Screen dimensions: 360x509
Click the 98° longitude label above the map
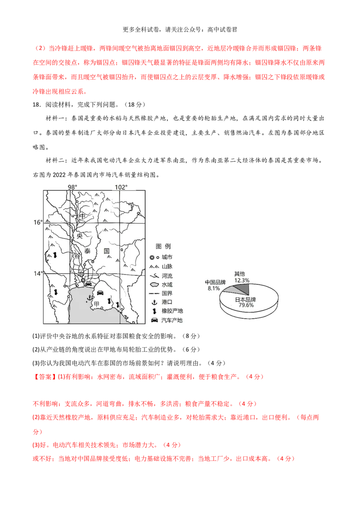pos(72,187)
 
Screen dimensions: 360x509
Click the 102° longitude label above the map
pos(121,187)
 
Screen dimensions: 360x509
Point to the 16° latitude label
pos(38,223)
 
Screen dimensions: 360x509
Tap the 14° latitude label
pos(38,274)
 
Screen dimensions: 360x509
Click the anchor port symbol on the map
pos(89,298)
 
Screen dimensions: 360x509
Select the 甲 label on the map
pos(96,304)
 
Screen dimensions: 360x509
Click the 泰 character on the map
pos(87,251)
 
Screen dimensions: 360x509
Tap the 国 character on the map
pos(107,251)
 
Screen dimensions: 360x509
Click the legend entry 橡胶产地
pos(172,311)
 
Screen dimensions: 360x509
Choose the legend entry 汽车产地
pos(172,321)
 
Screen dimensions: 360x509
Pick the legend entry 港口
pos(167,302)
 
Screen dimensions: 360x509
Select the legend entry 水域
pos(167,285)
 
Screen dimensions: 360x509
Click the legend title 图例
pos(163,246)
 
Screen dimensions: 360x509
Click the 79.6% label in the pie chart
pos(246,305)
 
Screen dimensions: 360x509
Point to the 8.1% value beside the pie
pos(214,288)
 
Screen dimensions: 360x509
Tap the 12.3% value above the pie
pos(242,281)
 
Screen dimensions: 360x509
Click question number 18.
pos(36,104)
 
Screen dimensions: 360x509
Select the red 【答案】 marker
pos(45,377)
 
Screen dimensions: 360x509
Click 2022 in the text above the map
pos(59,175)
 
